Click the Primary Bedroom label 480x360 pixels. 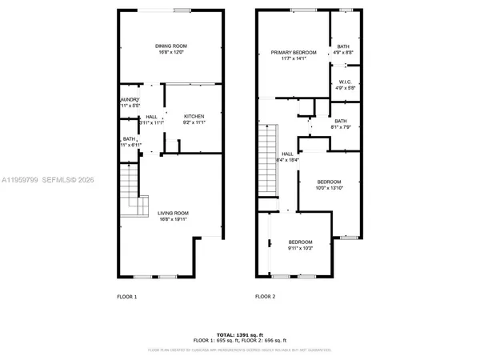point(287,52)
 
